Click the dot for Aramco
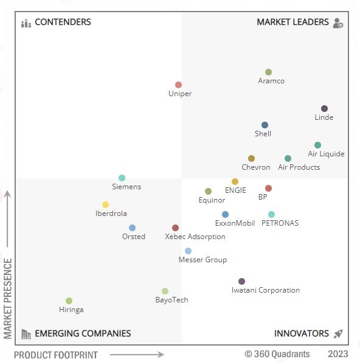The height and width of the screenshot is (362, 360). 268,72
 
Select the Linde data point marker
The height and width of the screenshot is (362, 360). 324,108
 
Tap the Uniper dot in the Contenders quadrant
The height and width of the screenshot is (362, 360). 178,85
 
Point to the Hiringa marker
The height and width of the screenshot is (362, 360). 69,301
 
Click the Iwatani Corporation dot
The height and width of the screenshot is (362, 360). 241,281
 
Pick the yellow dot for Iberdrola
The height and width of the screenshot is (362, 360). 105,204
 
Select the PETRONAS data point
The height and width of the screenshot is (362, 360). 271,214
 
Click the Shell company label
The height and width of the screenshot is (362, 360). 263,134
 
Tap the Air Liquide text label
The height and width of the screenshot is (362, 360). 326,154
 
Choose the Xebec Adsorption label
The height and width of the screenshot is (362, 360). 195,237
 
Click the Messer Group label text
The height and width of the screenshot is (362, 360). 202,260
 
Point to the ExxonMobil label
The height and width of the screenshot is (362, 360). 235,223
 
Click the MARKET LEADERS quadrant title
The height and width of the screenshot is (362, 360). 292,23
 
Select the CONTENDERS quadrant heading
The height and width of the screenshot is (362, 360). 63,23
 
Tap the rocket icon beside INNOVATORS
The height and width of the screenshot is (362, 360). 338,333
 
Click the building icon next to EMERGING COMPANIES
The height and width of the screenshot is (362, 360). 26,333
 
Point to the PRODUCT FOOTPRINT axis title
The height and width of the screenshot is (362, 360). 55,355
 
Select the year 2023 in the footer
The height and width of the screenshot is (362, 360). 338,354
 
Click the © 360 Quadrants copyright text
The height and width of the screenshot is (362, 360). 277,354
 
